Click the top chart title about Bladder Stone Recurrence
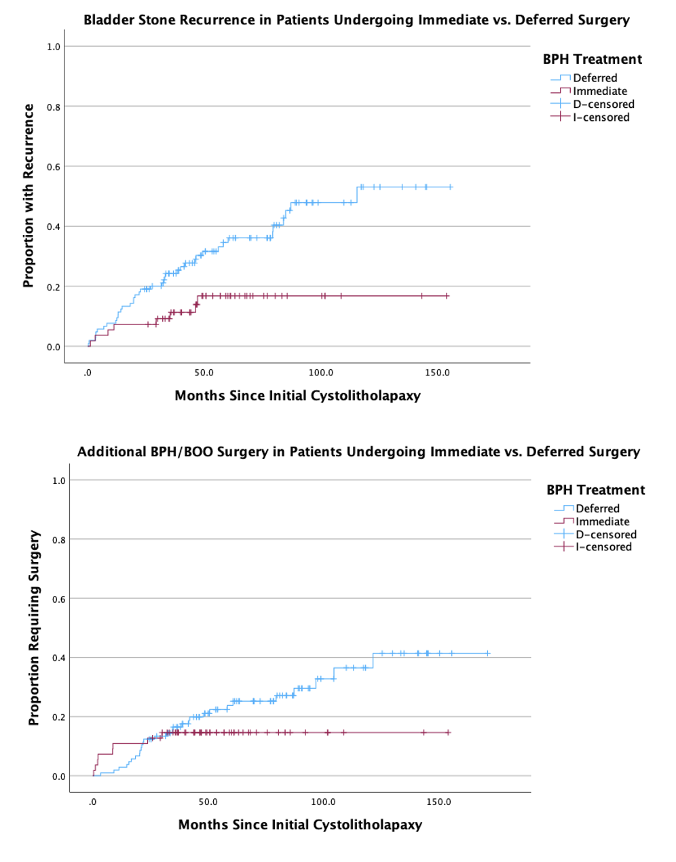click(x=356, y=20)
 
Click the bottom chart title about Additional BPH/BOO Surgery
click(x=358, y=451)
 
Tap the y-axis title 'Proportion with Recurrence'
click(x=29, y=195)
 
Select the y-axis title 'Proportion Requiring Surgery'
click(x=34, y=628)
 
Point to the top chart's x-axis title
click(x=297, y=396)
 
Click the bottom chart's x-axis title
click(x=300, y=825)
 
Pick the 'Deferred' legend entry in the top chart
click(x=595, y=78)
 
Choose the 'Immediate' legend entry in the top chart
click(x=599, y=91)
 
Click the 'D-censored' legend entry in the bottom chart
click(x=605, y=534)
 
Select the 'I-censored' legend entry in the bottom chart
click(x=603, y=547)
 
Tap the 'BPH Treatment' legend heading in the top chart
click(x=592, y=59)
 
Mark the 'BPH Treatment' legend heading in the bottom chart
click(x=595, y=489)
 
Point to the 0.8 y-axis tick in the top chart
click(x=53, y=107)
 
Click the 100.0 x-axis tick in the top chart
click(x=320, y=373)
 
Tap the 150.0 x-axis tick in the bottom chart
click(x=438, y=802)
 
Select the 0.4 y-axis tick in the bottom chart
click(x=59, y=658)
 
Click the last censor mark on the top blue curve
click(x=451, y=187)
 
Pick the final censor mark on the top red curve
click(x=447, y=296)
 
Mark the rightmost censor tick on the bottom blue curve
click(x=487, y=654)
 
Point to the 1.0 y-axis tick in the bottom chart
click(x=59, y=481)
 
